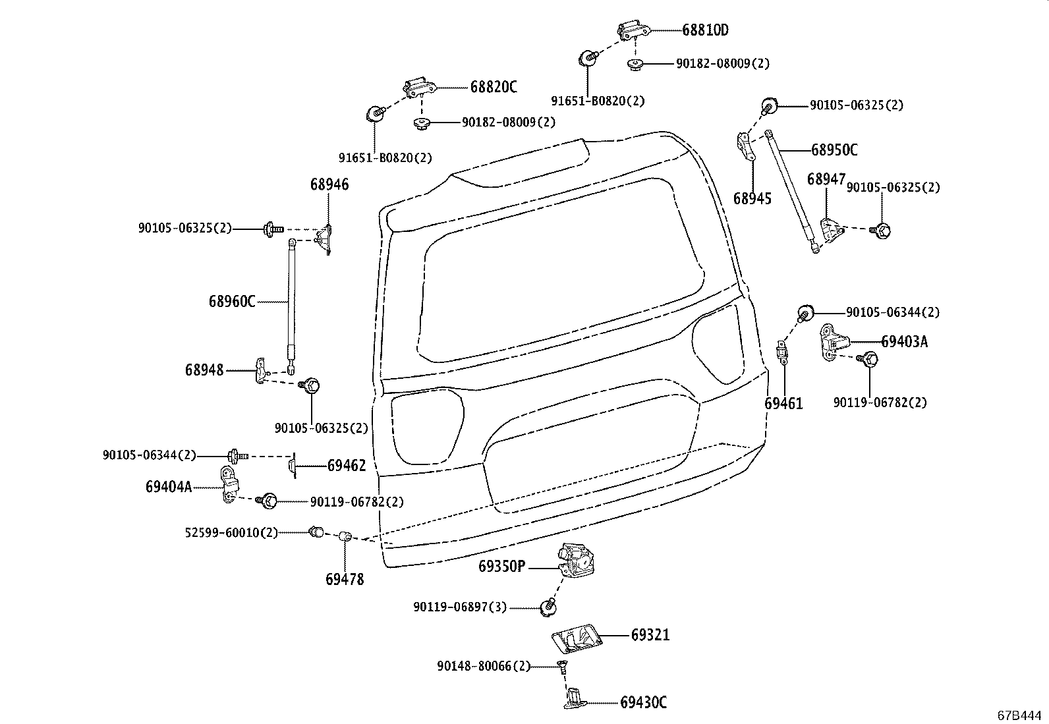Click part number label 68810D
coord(705,30)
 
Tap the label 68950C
coord(834,150)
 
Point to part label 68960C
coord(232,302)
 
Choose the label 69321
coord(650,635)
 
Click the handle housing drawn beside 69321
coord(575,638)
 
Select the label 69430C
coord(643,703)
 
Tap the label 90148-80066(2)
coord(483,667)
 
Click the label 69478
coord(345,580)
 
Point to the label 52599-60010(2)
coord(231,532)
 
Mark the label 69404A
coord(169,487)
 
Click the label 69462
coord(347,466)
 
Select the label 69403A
coord(904,341)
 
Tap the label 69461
coord(783,403)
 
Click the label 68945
coord(752,198)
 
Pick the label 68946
coord(329,184)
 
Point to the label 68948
coord(204,370)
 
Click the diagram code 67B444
coord(1019,715)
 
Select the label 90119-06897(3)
coord(460,607)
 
